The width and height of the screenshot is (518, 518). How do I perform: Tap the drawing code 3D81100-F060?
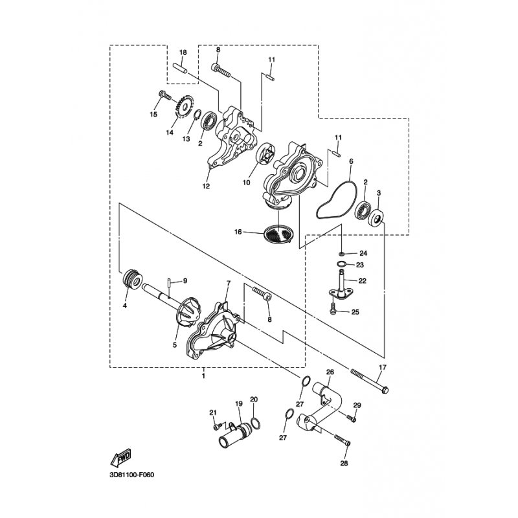(x=131, y=475)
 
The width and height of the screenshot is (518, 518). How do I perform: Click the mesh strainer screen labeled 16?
(x=278, y=233)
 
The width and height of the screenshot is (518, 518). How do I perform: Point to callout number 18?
(x=183, y=52)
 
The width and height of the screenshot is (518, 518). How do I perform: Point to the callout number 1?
(x=203, y=376)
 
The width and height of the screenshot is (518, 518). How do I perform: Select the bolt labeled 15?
(x=165, y=95)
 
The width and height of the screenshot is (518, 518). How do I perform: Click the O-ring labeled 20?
(x=255, y=422)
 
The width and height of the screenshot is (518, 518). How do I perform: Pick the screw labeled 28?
(x=343, y=440)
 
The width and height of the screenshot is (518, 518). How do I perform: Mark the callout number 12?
(x=206, y=186)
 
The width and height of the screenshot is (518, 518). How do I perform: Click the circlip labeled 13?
(x=196, y=115)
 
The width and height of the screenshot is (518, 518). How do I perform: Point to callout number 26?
(x=330, y=372)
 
